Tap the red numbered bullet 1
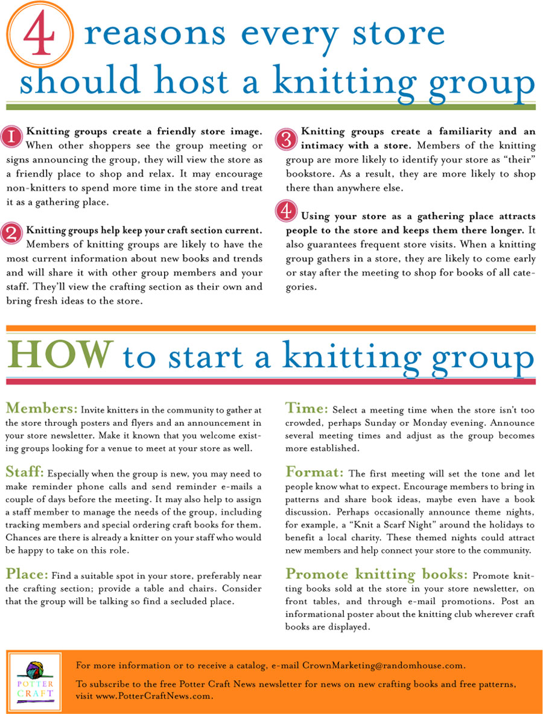(x=12, y=136)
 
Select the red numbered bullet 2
(x=12, y=234)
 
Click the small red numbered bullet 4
(x=285, y=212)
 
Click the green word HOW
(x=60, y=356)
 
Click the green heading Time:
(x=307, y=408)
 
